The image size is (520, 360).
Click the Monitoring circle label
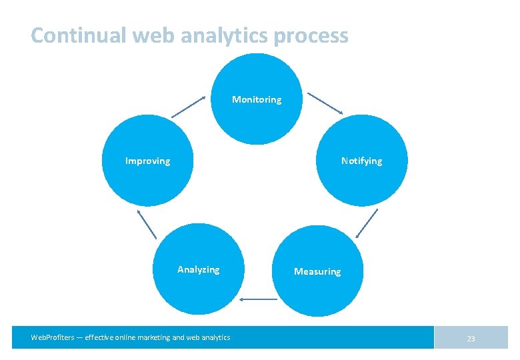(x=257, y=99)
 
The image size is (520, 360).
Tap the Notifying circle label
(x=362, y=161)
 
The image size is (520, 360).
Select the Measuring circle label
(x=317, y=271)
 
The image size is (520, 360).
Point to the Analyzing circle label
(x=198, y=269)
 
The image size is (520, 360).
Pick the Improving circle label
(x=148, y=161)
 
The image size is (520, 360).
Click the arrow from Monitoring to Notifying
(x=325, y=103)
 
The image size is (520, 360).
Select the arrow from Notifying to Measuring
(x=367, y=223)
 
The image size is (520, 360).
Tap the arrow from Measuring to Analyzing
(x=259, y=299)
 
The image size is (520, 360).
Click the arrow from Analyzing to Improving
(x=147, y=224)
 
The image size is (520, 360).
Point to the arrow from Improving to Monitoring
(x=189, y=107)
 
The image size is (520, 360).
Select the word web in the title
(x=154, y=35)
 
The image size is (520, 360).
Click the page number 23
(x=471, y=339)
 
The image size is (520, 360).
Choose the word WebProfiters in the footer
(x=53, y=337)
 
